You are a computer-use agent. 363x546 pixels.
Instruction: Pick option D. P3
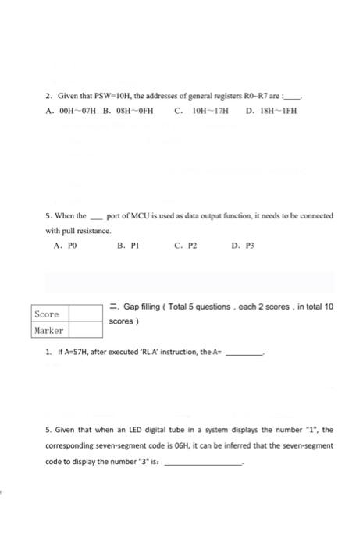click(x=241, y=244)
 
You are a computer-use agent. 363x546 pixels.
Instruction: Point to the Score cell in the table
click(x=48, y=314)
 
